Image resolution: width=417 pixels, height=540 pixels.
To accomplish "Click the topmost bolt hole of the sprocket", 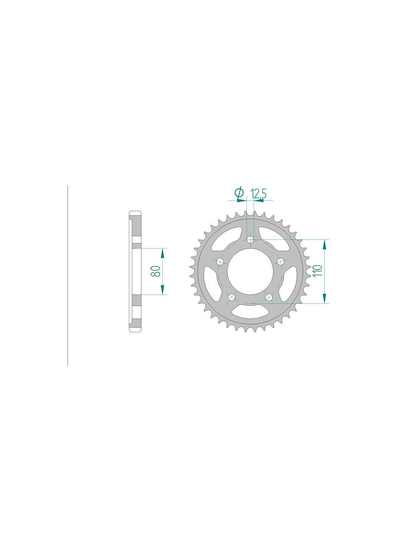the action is point(251,240).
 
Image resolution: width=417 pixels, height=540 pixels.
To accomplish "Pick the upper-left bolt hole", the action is point(220,261).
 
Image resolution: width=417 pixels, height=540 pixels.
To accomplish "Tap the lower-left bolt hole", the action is point(232,297).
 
